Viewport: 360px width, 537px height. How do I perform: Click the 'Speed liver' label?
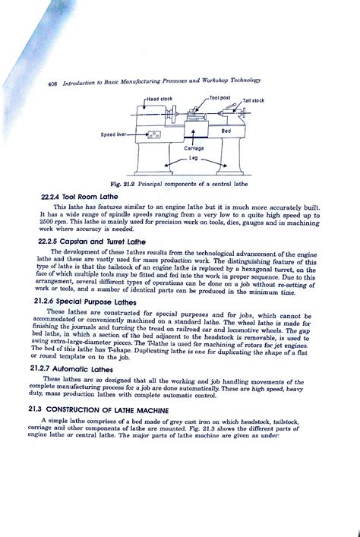[113, 134]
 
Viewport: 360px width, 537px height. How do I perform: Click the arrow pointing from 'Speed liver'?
[134, 134]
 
